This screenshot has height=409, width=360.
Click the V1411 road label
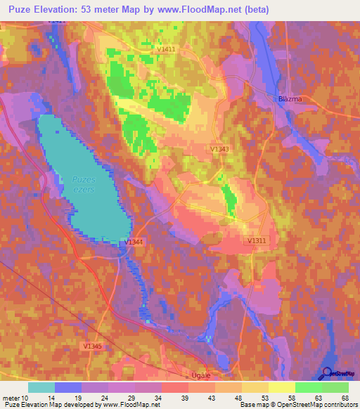click(167, 49)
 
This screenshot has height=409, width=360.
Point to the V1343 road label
click(219, 149)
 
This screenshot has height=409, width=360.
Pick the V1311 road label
click(257, 240)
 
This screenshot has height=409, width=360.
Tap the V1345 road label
click(91, 346)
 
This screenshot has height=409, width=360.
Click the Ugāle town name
click(201, 376)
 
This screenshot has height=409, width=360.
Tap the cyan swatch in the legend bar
click(41, 387)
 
